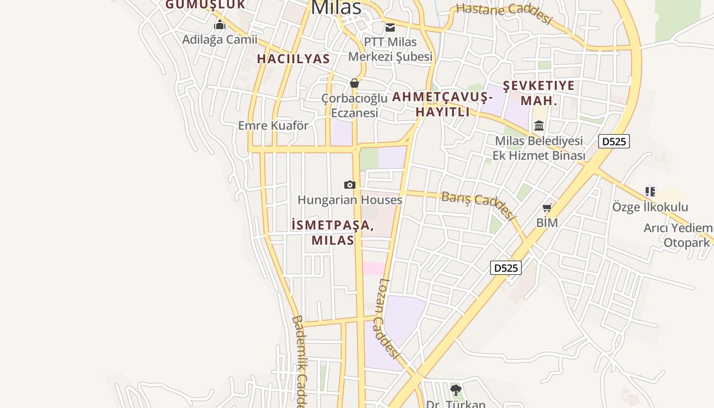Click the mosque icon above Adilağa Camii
[220, 24]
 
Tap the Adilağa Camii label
[220, 39]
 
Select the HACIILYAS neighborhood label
[293, 59]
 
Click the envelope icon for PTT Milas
[390, 28]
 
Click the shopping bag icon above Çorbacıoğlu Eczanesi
[354, 83]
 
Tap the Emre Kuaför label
[273, 125]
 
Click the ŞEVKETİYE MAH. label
[539, 93]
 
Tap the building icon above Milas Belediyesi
[539, 125]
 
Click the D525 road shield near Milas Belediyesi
[614, 141]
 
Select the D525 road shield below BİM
[506, 268]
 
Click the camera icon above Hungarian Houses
[349, 185]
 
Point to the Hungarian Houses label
[350, 200]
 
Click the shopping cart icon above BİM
[547, 208]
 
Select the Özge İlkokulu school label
[650, 207]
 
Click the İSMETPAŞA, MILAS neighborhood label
[333, 233]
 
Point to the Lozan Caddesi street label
[388, 318]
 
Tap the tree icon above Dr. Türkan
[456, 390]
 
